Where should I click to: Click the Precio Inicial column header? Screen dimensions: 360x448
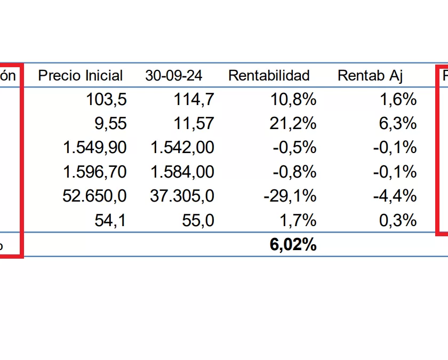tap(81, 76)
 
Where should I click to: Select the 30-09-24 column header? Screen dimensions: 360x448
tap(173, 76)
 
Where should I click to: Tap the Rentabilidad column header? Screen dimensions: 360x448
tap(269, 76)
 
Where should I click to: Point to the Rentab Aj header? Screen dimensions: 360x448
tap(370, 76)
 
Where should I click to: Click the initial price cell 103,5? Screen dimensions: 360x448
tap(106, 99)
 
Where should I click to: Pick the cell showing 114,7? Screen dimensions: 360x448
tap(194, 99)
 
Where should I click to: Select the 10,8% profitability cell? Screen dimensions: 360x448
tap(294, 99)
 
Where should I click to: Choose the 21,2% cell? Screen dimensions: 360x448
tap(294, 123)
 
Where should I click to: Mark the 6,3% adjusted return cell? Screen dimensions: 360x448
tap(398, 123)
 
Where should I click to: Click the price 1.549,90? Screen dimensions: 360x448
tap(94, 148)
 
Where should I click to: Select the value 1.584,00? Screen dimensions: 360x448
tap(182, 172)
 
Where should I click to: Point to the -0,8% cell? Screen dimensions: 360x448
tap(294, 172)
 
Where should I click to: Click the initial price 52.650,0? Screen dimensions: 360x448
tap(94, 196)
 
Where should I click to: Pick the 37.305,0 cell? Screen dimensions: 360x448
tap(182, 196)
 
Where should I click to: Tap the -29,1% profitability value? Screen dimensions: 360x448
tap(290, 196)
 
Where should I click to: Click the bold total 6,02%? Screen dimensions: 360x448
tap(293, 245)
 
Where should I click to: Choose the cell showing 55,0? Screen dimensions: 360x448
tap(198, 220)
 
